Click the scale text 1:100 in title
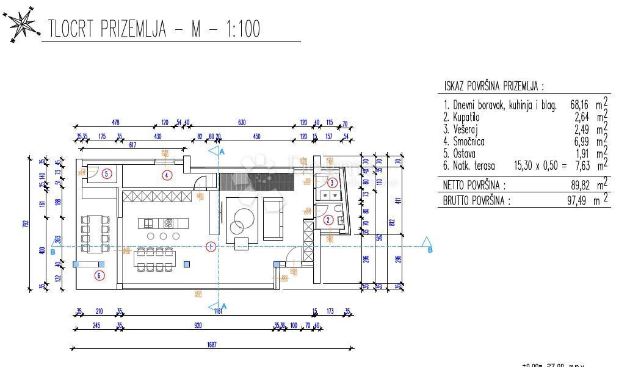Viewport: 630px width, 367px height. point(236,29)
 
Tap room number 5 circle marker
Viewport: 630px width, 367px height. point(107,173)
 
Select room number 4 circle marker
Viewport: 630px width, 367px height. point(167,175)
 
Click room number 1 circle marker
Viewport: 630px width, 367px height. point(211,247)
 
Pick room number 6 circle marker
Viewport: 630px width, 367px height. point(100,275)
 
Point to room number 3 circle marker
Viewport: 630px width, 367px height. point(331,183)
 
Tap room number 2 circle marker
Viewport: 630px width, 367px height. point(328,220)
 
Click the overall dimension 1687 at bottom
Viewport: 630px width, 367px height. point(212,344)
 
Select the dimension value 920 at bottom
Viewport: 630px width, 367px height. point(198,325)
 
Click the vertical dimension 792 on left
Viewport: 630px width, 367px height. point(26,223)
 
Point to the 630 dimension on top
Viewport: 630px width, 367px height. point(242,123)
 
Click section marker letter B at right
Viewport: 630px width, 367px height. point(430,250)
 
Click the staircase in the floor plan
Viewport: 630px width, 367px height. point(256,181)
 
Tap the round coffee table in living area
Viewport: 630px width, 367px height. point(243,216)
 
